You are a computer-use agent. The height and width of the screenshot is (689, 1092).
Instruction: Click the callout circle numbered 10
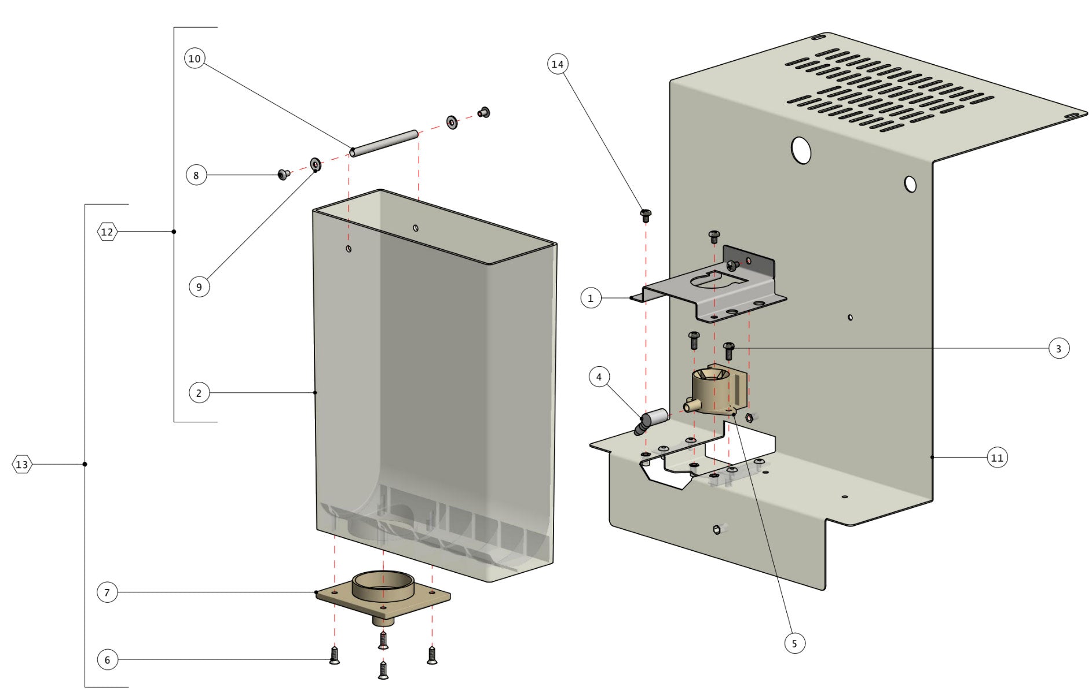pos(195,58)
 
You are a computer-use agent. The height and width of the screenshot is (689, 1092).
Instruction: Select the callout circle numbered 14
pos(557,64)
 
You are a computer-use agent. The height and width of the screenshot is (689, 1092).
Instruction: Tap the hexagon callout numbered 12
pos(107,232)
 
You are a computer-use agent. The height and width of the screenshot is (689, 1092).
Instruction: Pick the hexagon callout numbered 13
pos(22,465)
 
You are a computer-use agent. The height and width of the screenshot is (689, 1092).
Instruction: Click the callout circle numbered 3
pos(1058,348)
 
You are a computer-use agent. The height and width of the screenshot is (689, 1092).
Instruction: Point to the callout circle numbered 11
pos(996,458)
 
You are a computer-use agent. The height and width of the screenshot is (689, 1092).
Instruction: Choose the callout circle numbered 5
pos(794,643)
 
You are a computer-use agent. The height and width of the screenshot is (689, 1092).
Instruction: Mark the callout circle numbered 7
pos(107,592)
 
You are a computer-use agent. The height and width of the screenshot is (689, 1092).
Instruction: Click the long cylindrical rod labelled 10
pos(384,143)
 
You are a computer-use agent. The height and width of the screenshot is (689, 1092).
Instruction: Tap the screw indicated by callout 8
pos(283,174)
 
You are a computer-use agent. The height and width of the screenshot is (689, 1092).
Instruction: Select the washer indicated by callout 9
pos(316,164)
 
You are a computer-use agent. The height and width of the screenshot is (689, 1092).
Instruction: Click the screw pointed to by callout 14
pos(646,216)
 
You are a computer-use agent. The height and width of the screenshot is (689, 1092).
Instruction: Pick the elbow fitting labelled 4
pos(651,420)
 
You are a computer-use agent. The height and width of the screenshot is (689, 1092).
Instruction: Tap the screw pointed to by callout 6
pos(334,655)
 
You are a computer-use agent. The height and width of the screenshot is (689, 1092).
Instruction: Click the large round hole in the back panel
pos(801,150)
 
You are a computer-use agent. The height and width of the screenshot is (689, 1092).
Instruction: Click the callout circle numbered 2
pos(199,393)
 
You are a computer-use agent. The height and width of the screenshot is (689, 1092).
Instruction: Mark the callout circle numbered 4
pos(599,377)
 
